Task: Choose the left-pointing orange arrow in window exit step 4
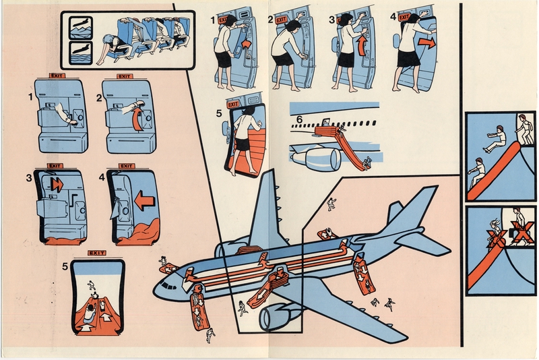pyautogui.click(x=142, y=201)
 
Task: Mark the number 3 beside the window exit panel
pyautogui.click(x=28, y=178)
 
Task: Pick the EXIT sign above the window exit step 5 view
pyautogui.click(x=97, y=253)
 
